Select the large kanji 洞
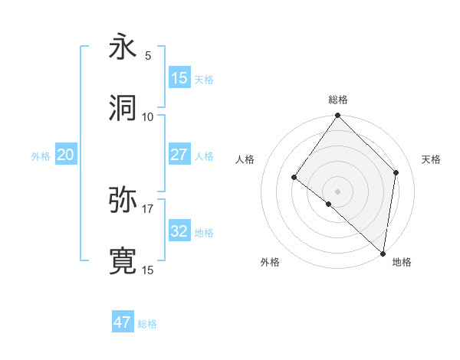click(x=123, y=108)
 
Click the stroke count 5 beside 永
click(x=148, y=56)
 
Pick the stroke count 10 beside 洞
click(x=148, y=116)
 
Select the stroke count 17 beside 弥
click(x=148, y=208)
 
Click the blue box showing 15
click(x=179, y=78)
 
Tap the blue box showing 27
click(x=179, y=155)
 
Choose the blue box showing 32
click(x=179, y=231)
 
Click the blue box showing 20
click(x=66, y=155)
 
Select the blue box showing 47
click(x=123, y=322)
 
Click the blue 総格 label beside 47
click(x=148, y=324)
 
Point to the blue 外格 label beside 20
click(x=41, y=156)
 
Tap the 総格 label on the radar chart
click(x=338, y=100)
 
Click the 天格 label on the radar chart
click(x=432, y=159)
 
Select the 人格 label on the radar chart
click(x=245, y=159)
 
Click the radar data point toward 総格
click(x=338, y=116)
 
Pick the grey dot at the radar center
click(x=338, y=191)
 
